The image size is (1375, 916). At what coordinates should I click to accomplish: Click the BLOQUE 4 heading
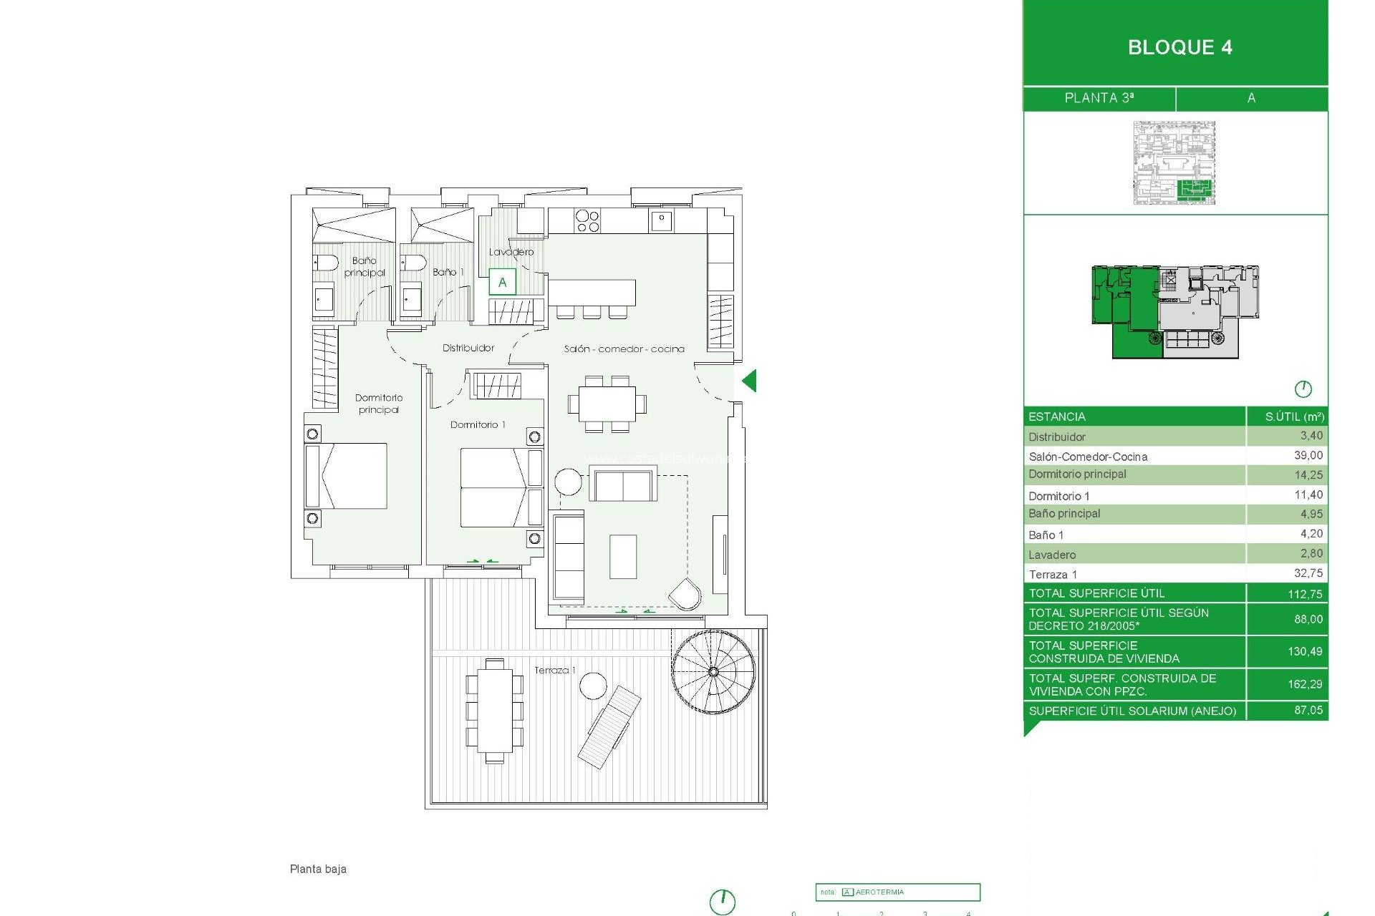coord(1179,47)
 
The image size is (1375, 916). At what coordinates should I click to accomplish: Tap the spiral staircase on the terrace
coord(713,671)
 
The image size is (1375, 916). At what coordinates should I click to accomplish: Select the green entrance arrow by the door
coord(749,381)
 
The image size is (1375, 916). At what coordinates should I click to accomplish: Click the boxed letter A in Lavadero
coord(502,282)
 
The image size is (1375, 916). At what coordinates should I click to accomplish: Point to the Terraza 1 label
coord(554,670)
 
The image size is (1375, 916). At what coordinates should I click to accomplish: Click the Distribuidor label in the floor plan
coord(468,348)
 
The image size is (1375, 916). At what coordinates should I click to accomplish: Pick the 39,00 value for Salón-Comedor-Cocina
coord(1308,455)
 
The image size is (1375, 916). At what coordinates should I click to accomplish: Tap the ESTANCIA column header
coord(1056,416)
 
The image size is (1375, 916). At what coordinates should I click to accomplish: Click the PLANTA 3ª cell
coord(1099,98)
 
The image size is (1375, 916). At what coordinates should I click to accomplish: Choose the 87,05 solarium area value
coord(1308,710)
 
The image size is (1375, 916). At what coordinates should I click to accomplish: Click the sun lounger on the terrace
coord(609,726)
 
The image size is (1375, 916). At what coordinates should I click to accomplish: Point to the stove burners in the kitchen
coord(587,221)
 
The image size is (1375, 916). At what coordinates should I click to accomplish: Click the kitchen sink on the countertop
coord(661,220)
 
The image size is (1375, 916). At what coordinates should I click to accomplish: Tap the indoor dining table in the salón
coord(607,404)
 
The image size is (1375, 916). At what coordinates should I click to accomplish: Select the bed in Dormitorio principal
coord(347,476)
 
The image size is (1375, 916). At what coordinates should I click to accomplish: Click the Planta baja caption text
coord(318,869)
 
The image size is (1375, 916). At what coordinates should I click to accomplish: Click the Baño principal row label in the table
coord(1064,514)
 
